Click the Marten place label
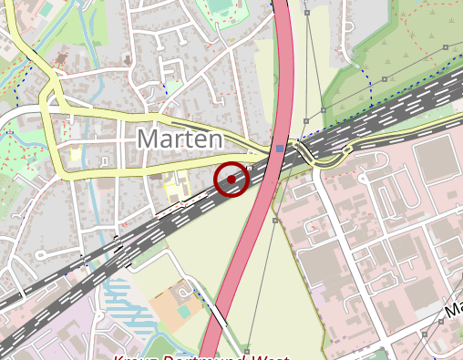point(180,139)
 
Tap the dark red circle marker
point(231,180)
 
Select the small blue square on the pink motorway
point(280,147)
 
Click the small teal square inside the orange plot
point(184,311)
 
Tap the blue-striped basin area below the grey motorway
point(123,296)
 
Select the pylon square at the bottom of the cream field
point(247,349)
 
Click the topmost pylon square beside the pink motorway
point(307,14)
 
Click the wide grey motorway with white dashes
point(392,114)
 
